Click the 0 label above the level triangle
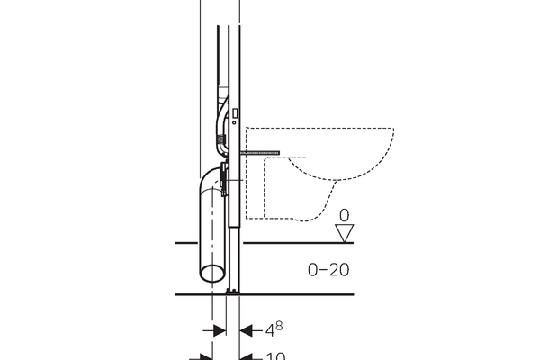click(x=344, y=215)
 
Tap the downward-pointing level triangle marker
click(x=345, y=233)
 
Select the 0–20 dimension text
click(x=328, y=269)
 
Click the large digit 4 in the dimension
click(x=270, y=331)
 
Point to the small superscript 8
click(x=279, y=326)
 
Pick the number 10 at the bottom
click(x=276, y=356)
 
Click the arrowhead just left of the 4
click(x=246, y=330)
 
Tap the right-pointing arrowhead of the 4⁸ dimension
click(x=220, y=330)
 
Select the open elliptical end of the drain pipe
click(x=212, y=274)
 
